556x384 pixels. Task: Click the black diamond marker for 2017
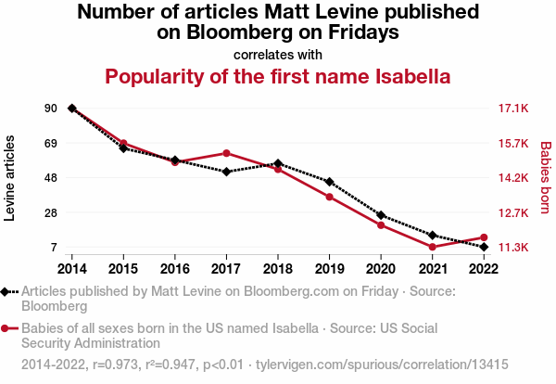226,172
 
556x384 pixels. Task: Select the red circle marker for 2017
226,153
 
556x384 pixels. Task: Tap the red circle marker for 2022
484,237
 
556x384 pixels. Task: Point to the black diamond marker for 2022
484,247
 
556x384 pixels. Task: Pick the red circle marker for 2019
329,197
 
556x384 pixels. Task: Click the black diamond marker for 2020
381,215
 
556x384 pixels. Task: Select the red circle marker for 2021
432,247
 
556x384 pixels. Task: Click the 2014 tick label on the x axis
71,268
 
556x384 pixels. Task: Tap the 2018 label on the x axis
278,268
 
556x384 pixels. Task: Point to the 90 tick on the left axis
50,109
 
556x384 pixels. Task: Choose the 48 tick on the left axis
50,178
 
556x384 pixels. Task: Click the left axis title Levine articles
11,178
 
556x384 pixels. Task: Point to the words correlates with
278,54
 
